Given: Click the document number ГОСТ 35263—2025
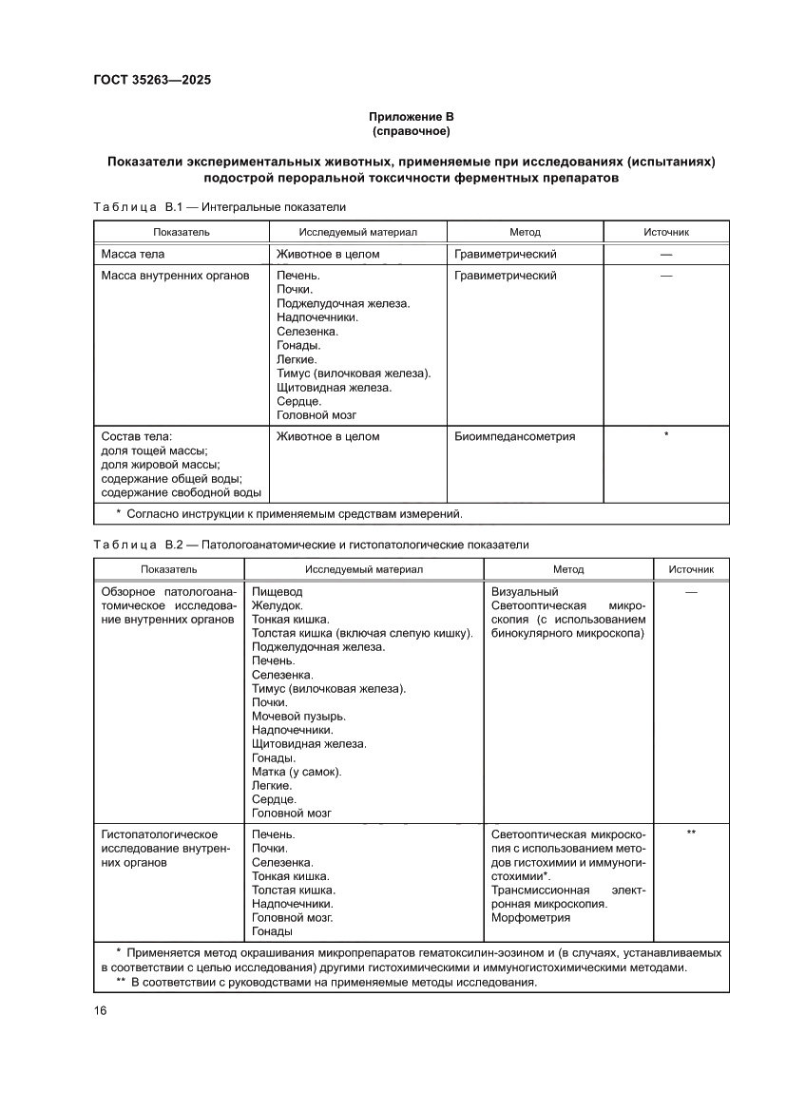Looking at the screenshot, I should point(152,80).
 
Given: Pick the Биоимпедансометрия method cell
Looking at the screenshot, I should point(514,436).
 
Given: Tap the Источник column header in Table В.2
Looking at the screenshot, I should point(690,569).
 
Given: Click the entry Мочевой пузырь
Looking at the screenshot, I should point(298,716).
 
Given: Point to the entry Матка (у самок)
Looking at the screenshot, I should point(297,772).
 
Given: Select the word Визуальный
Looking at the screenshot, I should point(525,592).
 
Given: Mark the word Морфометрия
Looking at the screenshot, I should point(530,918).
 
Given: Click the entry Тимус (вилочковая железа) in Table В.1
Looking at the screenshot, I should point(354,374).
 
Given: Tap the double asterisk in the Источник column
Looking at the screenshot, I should point(691,833).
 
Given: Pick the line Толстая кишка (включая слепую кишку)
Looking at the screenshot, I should point(362,633).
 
